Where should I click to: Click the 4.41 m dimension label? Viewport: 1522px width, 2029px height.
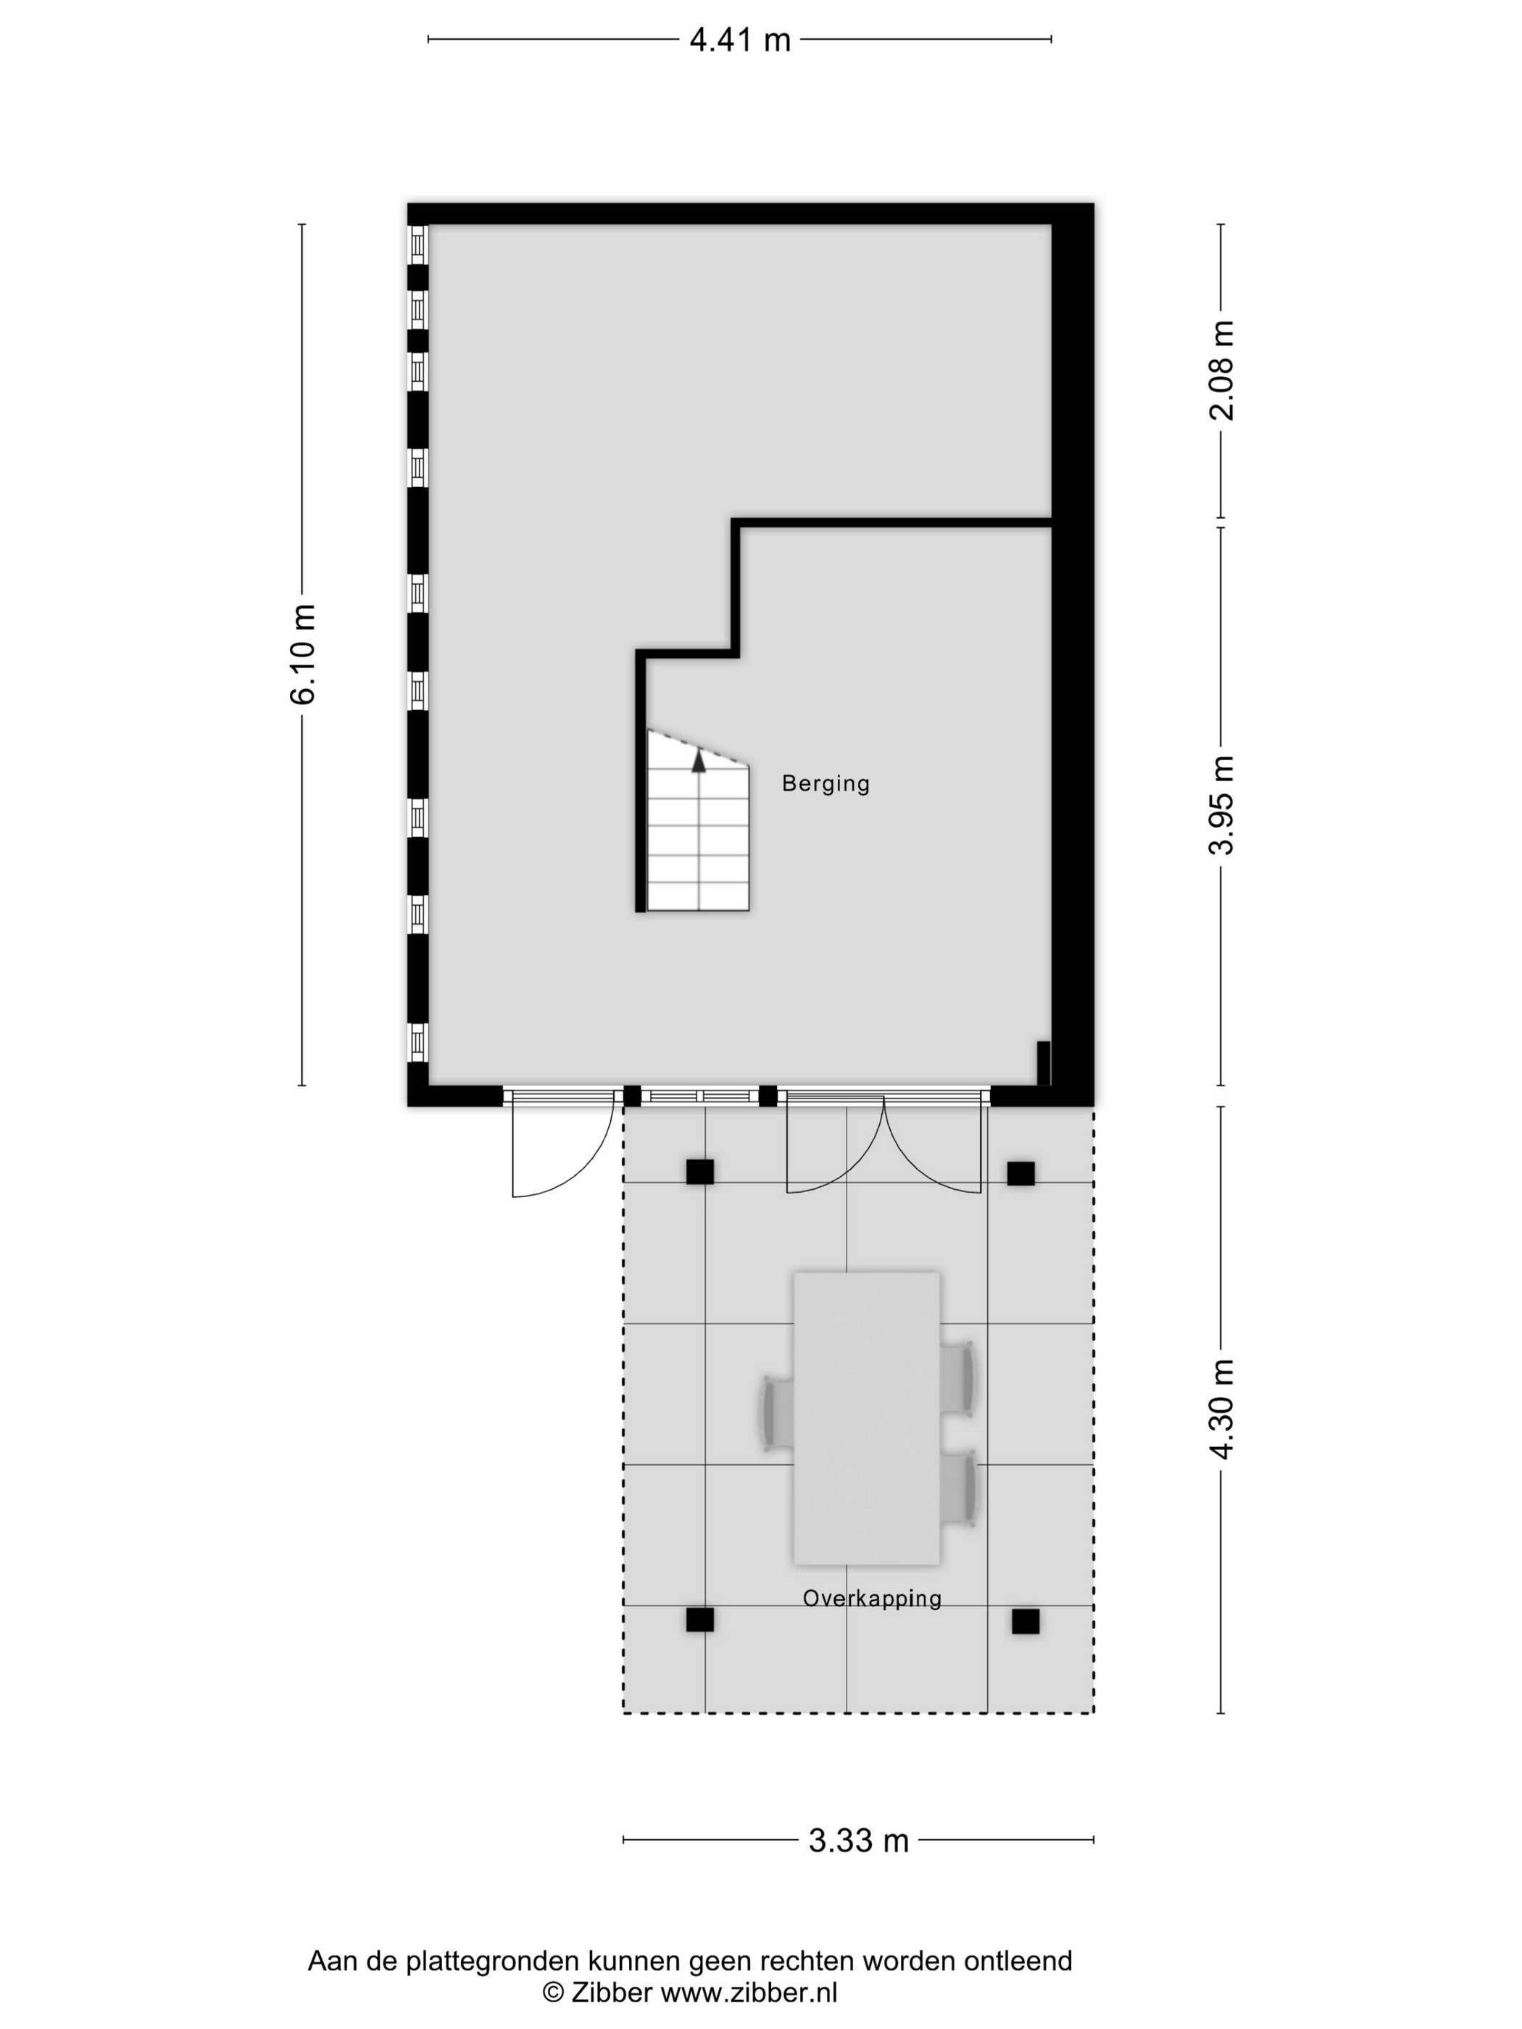[739, 41]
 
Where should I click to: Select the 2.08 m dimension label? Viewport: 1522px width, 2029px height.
[1221, 370]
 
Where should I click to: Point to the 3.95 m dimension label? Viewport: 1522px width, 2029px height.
[1221, 804]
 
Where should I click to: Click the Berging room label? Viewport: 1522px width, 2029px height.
[826, 783]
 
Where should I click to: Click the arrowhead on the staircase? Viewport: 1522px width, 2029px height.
[699, 759]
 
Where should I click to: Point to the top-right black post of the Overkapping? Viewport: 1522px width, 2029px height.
[1020, 1173]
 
